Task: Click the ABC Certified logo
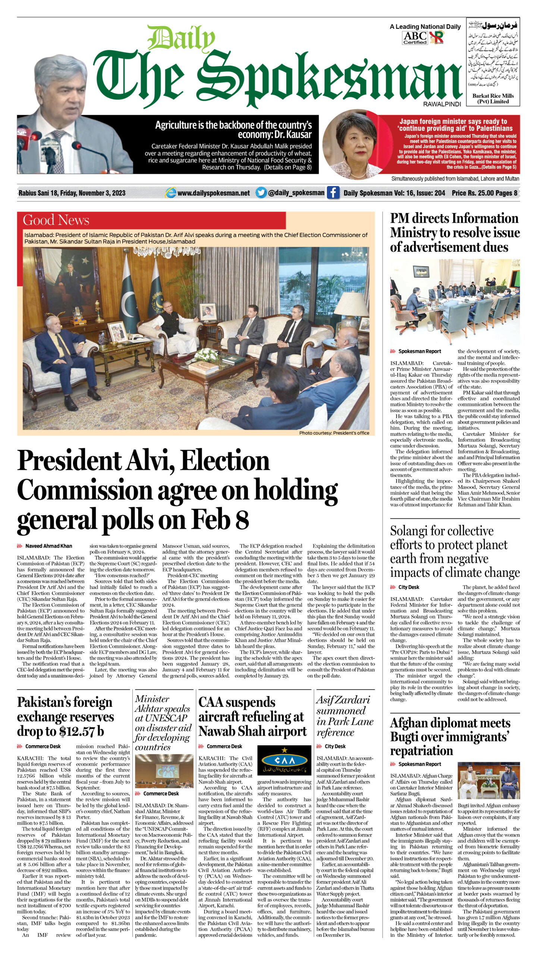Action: (415, 38)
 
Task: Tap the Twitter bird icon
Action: (261, 193)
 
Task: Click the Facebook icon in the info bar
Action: (333, 193)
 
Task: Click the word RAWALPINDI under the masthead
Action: (442, 104)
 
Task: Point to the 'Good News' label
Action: (56, 220)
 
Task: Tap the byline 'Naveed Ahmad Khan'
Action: (48, 546)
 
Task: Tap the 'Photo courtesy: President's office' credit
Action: (334, 433)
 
